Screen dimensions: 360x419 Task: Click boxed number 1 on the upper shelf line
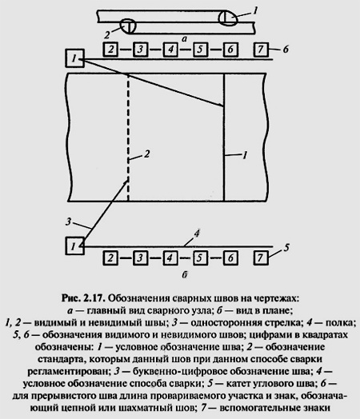(x=75, y=58)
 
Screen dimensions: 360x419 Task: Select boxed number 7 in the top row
(x=261, y=49)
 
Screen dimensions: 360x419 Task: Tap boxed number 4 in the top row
(x=170, y=50)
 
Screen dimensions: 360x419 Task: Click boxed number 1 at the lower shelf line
(x=75, y=245)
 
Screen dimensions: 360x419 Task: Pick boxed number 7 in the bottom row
(x=261, y=257)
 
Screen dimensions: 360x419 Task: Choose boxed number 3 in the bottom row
(x=140, y=257)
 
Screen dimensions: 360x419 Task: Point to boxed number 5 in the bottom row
(x=200, y=257)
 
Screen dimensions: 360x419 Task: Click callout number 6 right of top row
(x=286, y=49)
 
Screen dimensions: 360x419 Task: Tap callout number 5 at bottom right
(x=286, y=247)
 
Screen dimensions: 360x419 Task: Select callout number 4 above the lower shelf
(x=197, y=233)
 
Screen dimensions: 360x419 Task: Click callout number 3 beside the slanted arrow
(x=69, y=221)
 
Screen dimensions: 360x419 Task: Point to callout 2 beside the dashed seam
(x=146, y=154)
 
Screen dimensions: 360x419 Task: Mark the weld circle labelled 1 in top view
(x=228, y=18)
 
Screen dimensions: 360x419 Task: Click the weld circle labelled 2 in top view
(x=128, y=26)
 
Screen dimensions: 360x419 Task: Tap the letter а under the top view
(x=184, y=39)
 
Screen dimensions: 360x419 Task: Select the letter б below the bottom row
(x=185, y=274)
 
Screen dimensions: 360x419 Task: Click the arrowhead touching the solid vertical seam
(x=222, y=106)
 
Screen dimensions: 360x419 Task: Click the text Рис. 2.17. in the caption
(x=82, y=298)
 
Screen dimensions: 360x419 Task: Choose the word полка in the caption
(x=339, y=323)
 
